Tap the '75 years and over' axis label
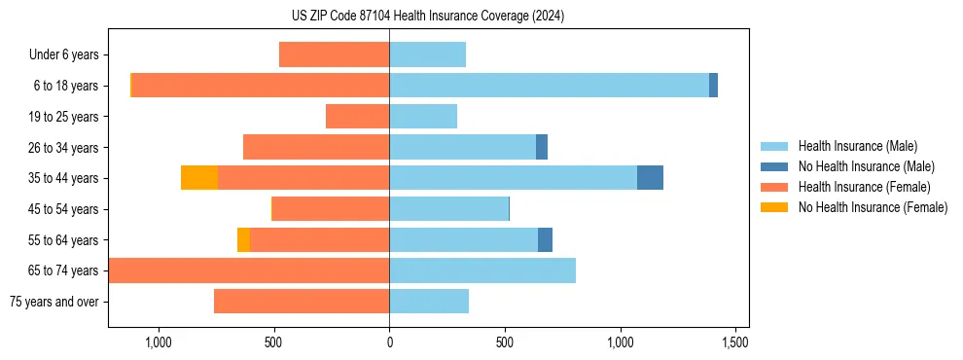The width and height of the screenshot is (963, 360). [x=54, y=302]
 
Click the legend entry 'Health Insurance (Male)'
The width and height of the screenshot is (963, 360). [x=866, y=146]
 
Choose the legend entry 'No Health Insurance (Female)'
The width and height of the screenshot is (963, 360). [x=873, y=207]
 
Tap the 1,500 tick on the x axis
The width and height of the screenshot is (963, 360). [x=735, y=342]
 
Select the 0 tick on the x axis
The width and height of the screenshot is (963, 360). [x=389, y=342]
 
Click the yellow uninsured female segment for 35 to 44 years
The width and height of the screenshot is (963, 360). [x=199, y=178]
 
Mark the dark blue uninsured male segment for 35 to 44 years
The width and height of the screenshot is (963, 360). [x=650, y=178]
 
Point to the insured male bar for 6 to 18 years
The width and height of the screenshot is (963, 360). [x=549, y=86]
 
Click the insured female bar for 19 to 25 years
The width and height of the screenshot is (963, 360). [x=357, y=117]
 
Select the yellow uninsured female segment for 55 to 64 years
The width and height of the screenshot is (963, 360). [x=243, y=239]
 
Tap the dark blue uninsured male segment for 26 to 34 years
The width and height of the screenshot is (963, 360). [x=542, y=147]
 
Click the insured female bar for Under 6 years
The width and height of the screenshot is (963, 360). [x=334, y=54]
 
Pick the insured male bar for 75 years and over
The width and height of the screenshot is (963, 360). [x=429, y=302]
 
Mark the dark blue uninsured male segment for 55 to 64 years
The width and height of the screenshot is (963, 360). [x=545, y=239]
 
